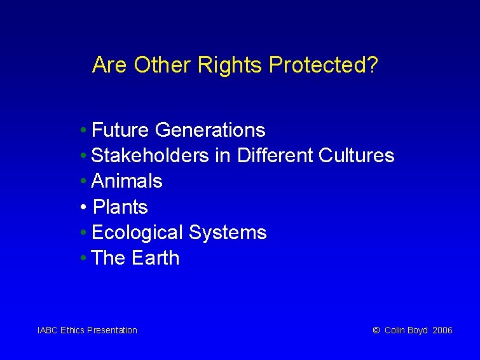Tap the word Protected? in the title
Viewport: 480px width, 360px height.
click(x=324, y=65)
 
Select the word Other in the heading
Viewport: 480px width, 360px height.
click(x=163, y=65)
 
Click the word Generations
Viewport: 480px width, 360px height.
click(x=210, y=130)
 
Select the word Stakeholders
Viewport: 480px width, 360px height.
click(x=150, y=156)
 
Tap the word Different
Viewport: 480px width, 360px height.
click(x=275, y=156)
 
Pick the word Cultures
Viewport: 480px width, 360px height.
click(x=357, y=156)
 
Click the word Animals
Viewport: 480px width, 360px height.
click(x=127, y=181)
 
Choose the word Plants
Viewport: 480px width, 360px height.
click(x=121, y=207)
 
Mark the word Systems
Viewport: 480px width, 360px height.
click(x=228, y=233)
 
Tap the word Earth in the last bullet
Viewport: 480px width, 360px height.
click(x=156, y=258)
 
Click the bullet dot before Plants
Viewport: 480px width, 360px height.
click(x=84, y=207)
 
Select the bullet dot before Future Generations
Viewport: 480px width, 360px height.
click(x=84, y=130)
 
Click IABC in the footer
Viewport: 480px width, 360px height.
click(x=48, y=330)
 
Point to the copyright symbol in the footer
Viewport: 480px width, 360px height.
click(x=376, y=330)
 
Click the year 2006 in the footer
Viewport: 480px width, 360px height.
click(x=442, y=330)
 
